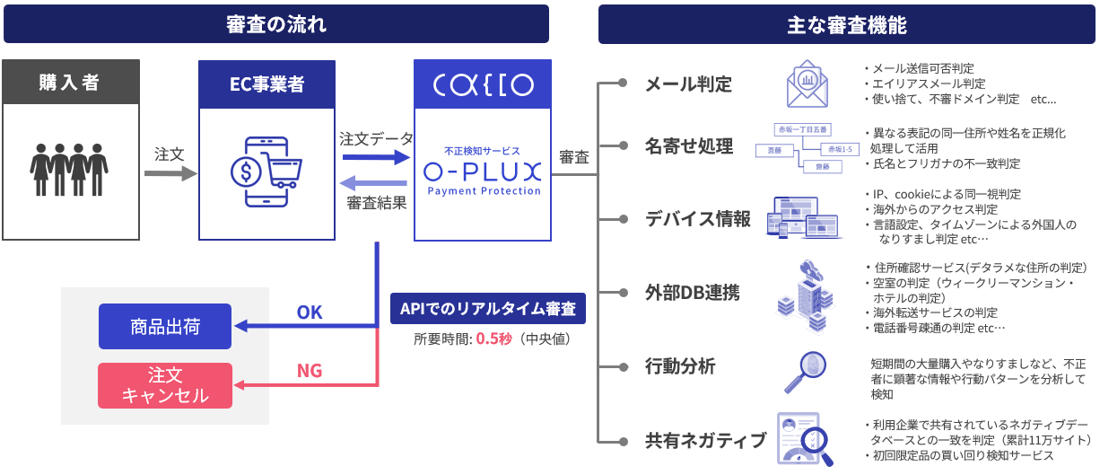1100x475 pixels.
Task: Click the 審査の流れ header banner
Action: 275,24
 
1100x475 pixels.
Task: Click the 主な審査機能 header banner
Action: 846,24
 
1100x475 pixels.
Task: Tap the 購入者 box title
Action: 70,83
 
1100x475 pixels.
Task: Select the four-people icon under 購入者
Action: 70,168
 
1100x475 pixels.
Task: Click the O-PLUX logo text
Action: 484,170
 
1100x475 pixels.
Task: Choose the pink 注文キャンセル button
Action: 164,385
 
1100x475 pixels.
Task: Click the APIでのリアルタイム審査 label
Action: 489,309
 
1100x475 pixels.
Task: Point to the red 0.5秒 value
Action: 493,339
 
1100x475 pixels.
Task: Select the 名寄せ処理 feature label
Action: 689,145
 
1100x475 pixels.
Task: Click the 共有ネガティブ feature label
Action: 705,441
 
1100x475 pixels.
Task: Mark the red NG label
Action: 310,370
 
